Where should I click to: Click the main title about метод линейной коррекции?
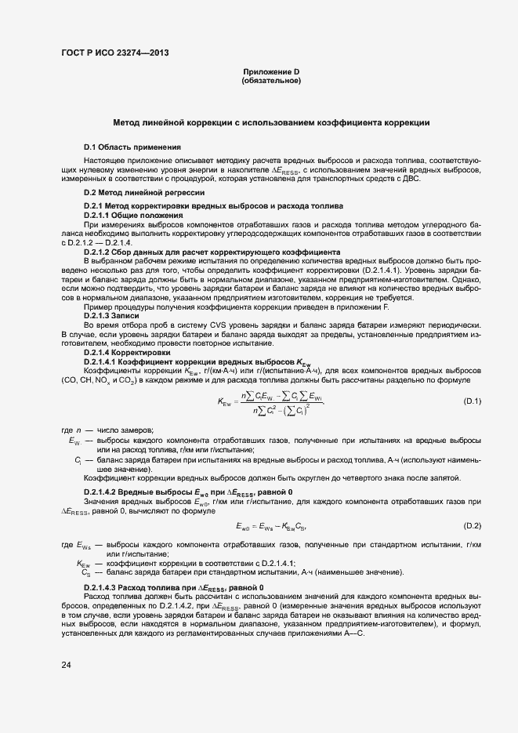pos(271,123)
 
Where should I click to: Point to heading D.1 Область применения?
pos(132,147)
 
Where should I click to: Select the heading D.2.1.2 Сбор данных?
pos(212,252)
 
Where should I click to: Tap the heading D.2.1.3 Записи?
pos(117,314)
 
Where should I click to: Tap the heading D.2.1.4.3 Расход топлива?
pos(179,588)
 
